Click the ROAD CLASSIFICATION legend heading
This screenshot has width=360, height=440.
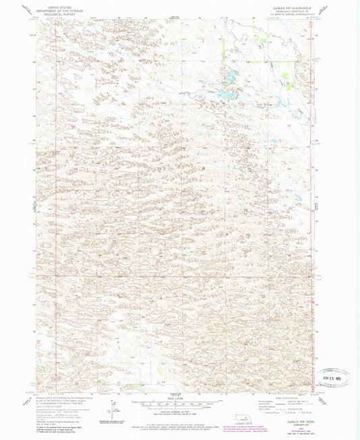pos(290,398)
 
